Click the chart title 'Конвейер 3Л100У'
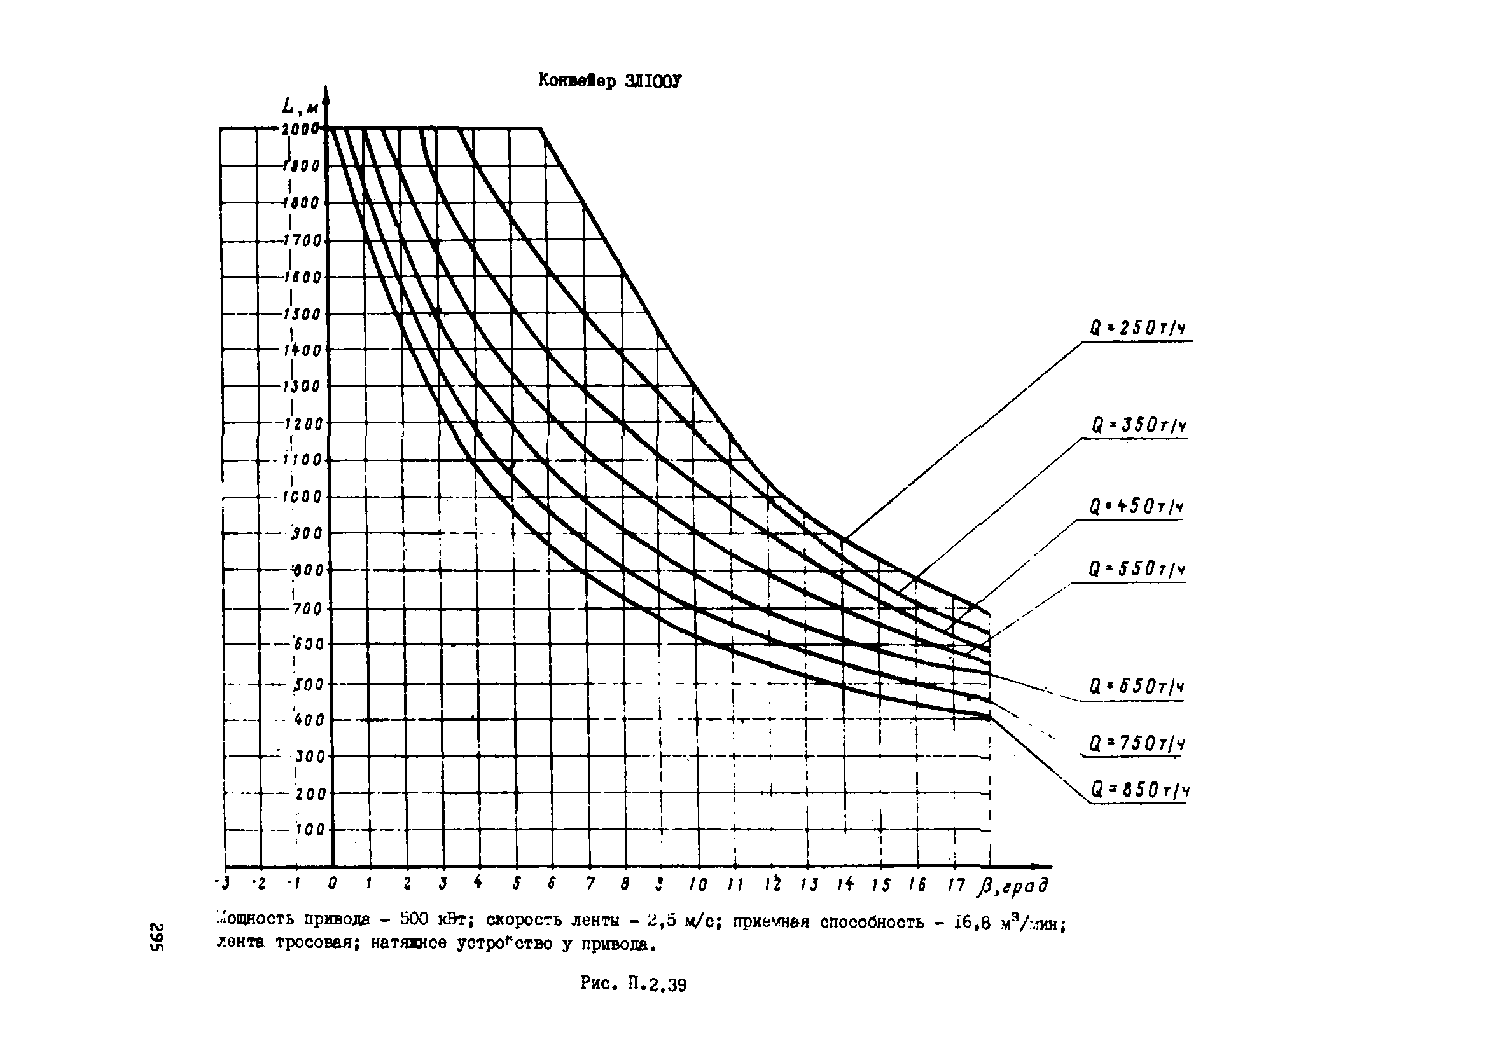pyautogui.click(x=609, y=81)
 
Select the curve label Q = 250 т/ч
pyautogui.click(x=1137, y=328)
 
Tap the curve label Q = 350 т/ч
pyautogui.click(x=1138, y=426)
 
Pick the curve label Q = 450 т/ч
pyautogui.click(x=1137, y=507)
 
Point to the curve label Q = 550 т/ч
pyautogui.click(x=1137, y=570)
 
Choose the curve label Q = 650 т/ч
pyautogui.click(x=1137, y=687)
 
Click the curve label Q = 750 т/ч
pyautogui.click(x=1137, y=744)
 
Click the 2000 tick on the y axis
pyautogui.click(x=300, y=129)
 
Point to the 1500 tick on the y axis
pyautogui.click(x=303, y=314)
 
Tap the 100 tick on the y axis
pyautogui.click(x=310, y=830)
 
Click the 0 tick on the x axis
pyautogui.click(x=332, y=884)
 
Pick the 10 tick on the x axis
pyautogui.click(x=698, y=885)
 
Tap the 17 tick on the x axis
pyautogui.click(x=956, y=885)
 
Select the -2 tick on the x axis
pyautogui.click(x=260, y=884)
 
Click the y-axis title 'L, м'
pyautogui.click(x=300, y=106)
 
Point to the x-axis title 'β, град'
pyautogui.click(x=1013, y=886)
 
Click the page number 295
pyautogui.click(x=157, y=937)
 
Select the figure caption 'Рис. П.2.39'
pyautogui.click(x=632, y=984)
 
